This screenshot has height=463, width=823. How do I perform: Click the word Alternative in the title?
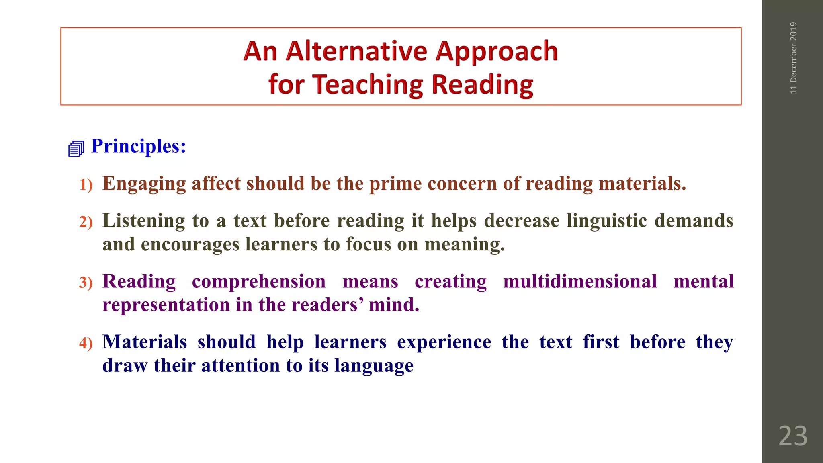[x=357, y=51]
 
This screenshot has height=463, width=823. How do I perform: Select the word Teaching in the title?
[x=367, y=85]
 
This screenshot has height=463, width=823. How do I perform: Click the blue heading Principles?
[x=139, y=146]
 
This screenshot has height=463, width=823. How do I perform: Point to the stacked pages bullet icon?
[x=76, y=149]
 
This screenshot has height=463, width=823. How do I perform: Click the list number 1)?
[x=86, y=185]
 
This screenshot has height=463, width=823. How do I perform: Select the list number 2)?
[x=86, y=222]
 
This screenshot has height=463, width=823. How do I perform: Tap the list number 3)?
[x=86, y=283]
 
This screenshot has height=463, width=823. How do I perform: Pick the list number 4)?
[x=86, y=343]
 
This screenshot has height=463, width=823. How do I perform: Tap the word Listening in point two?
[x=143, y=221]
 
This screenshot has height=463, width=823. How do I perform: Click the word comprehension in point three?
[x=258, y=281]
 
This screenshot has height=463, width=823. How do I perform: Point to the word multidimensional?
[x=580, y=281]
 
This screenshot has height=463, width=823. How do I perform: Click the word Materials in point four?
[x=145, y=342]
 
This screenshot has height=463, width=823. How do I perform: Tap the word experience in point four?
[x=444, y=342]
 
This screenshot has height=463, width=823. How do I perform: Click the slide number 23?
[x=792, y=436]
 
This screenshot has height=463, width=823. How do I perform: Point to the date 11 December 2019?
[x=793, y=58]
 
